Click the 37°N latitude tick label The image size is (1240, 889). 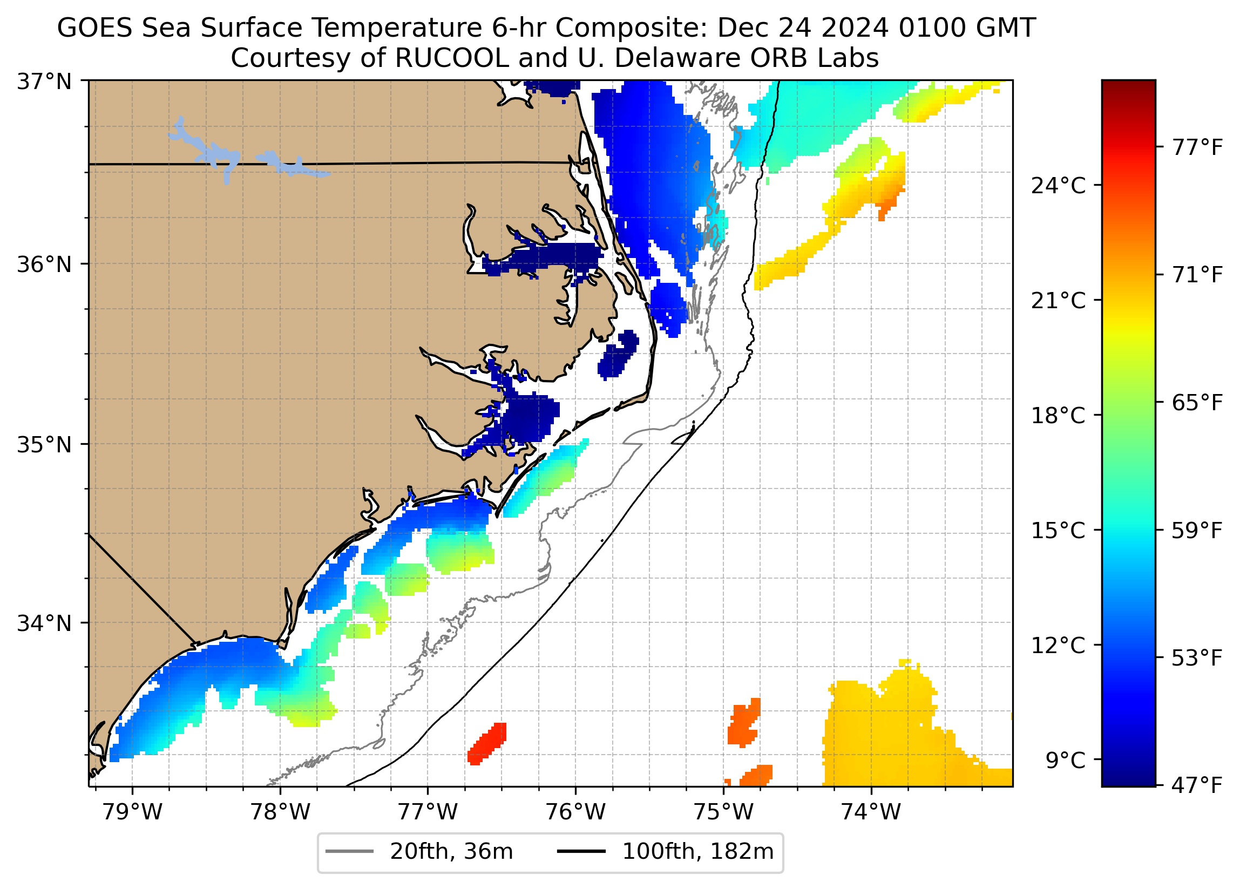tap(44, 82)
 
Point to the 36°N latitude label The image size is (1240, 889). tap(44, 264)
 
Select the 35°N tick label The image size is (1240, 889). tap(44, 445)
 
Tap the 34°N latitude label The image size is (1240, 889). tap(44, 623)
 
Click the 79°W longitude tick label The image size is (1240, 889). tap(132, 812)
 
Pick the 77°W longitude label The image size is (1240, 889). tap(428, 812)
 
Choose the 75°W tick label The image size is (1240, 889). tap(723, 812)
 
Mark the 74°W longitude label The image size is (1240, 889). tap(871, 812)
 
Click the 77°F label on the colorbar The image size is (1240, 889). tap(1197, 147)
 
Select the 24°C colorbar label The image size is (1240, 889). tap(1058, 186)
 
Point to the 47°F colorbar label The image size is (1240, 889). tap(1197, 786)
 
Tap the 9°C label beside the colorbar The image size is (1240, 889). tap(1065, 761)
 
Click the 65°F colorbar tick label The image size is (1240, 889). tap(1197, 403)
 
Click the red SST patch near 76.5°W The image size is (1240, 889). tap(487, 744)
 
